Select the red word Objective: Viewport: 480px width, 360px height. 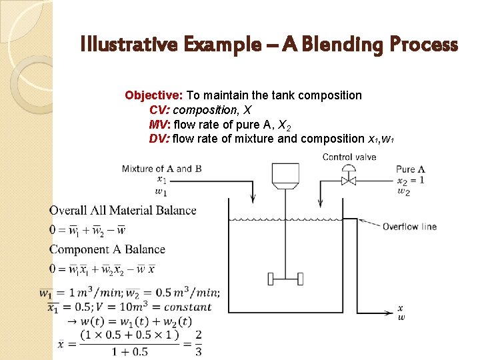pos(154,95)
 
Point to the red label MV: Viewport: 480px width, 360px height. pos(159,125)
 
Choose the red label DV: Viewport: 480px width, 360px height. pos(159,139)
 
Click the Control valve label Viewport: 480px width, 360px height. pos(349,157)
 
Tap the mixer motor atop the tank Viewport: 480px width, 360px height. pos(285,174)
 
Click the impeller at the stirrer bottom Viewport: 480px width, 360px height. pos(285,277)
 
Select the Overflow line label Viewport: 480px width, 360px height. pos(409,227)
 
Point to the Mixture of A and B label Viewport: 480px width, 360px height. pos(161,169)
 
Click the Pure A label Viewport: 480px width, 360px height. pos(411,169)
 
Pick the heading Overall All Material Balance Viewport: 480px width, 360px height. pos(123,211)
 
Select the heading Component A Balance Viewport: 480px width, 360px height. pos(107,249)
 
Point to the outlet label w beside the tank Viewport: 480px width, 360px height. pos(401,317)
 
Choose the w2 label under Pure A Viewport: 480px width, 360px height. pos(403,192)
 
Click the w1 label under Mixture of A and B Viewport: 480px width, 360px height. pos(161,192)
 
